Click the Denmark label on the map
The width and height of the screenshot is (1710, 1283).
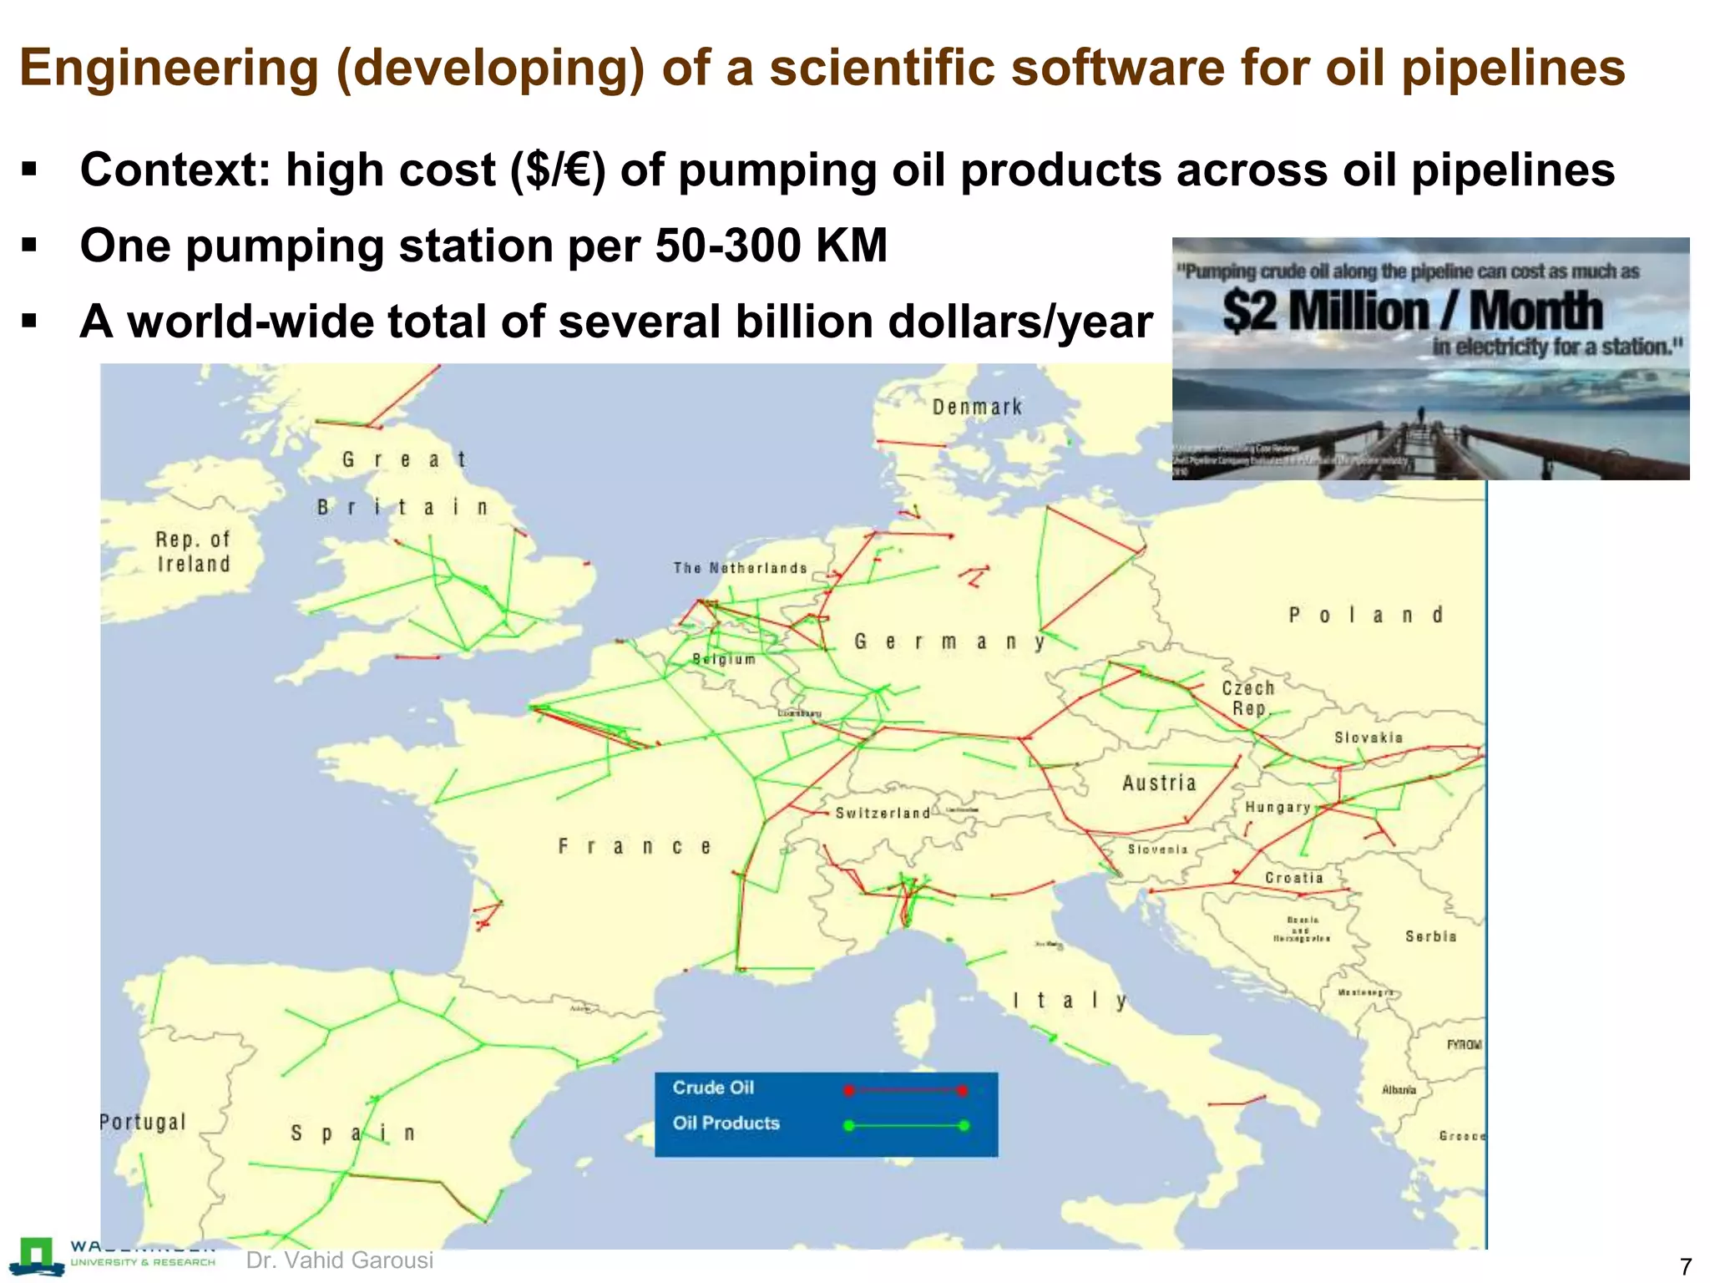point(977,408)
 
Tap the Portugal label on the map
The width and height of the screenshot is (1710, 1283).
point(143,1122)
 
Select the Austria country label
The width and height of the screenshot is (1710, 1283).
point(1159,783)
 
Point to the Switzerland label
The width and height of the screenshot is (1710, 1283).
point(883,813)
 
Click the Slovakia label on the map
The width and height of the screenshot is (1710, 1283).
point(1369,738)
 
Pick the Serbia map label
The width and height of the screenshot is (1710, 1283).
point(1430,936)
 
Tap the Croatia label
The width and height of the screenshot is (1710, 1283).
point(1294,878)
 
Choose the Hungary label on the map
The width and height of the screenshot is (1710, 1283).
point(1277,807)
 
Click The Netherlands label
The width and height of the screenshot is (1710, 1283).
point(741,568)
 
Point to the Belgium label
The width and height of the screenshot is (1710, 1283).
point(724,659)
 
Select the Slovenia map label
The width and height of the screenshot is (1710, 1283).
point(1157,849)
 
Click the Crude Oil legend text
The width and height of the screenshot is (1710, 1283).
point(713,1088)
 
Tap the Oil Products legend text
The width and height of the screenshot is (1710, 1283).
point(726,1123)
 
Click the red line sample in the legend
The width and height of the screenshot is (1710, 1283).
point(905,1090)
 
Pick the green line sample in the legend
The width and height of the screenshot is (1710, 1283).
point(905,1125)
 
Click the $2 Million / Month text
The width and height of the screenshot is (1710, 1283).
point(1412,312)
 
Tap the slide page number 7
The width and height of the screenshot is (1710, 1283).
point(1685,1265)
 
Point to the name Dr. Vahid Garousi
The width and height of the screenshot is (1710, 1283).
point(340,1260)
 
